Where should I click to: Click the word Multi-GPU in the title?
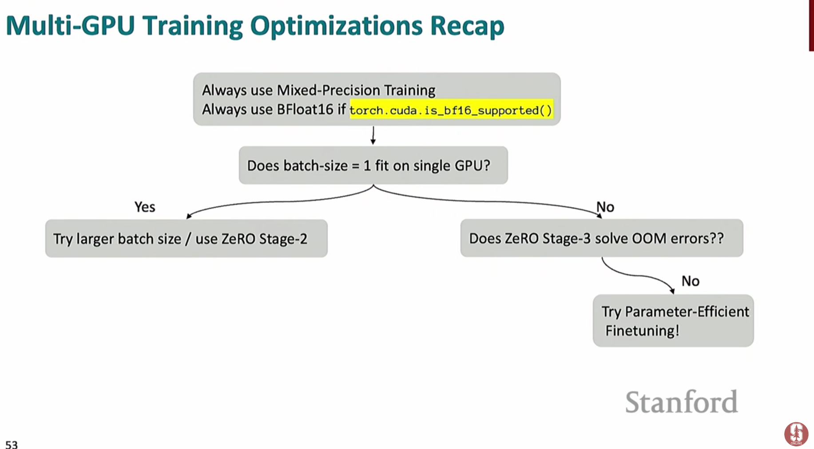click(x=70, y=25)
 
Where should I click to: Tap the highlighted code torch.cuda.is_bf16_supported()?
click(x=451, y=110)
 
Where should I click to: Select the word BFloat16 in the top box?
click(x=305, y=109)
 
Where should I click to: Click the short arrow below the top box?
click(x=373, y=135)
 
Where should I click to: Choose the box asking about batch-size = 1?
click(x=373, y=165)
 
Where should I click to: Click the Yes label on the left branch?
click(x=145, y=207)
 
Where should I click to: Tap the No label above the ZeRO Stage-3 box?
click(x=605, y=207)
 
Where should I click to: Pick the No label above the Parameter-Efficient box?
click(x=691, y=281)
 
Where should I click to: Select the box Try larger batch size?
click(x=187, y=238)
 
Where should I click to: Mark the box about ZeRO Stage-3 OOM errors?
click(x=602, y=238)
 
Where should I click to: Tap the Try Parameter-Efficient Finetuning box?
click(x=673, y=320)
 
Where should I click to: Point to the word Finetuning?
click(x=642, y=331)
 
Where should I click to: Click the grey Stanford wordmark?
click(x=682, y=402)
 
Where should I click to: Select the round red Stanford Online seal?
click(x=796, y=434)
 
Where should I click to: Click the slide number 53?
click(x=12, y=444)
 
